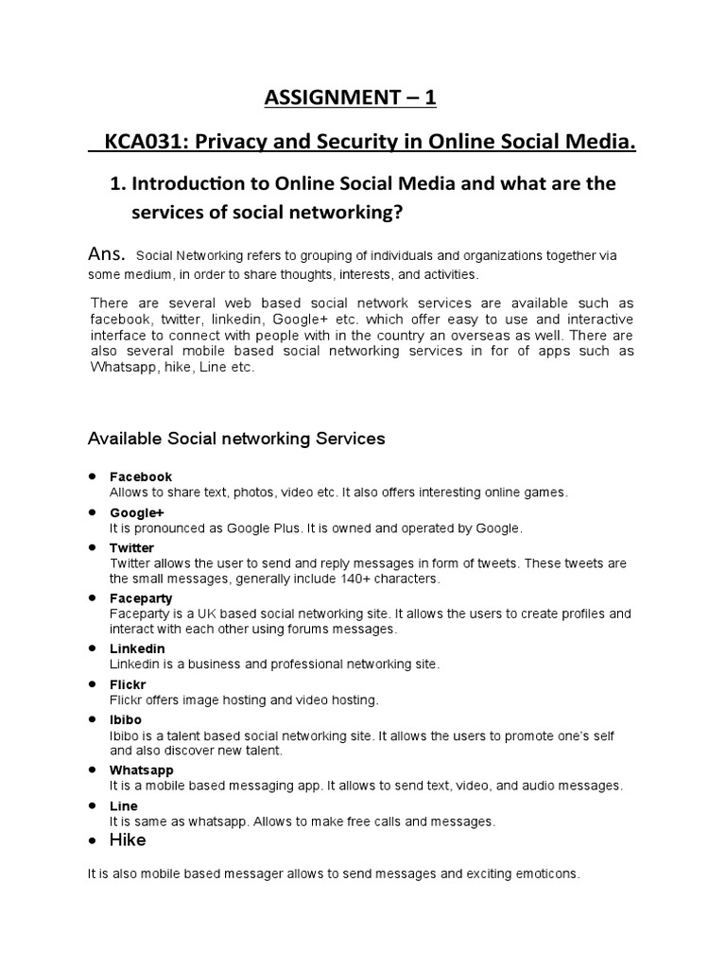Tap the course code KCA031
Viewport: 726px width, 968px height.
click(137, 142)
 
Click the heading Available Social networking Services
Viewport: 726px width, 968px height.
click(236, 439)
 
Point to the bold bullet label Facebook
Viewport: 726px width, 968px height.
click(141, 476)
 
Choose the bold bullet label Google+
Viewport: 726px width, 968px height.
click(137, 512)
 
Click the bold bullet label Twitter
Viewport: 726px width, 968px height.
click(131, 547)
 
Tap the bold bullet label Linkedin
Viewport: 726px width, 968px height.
click(137, 648)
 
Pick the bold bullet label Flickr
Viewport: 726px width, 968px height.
click(129, 683)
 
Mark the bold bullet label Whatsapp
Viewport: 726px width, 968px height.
click(142, 769)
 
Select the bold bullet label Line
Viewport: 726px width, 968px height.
click(124, 805)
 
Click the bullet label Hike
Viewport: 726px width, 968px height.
click(128, 839)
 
